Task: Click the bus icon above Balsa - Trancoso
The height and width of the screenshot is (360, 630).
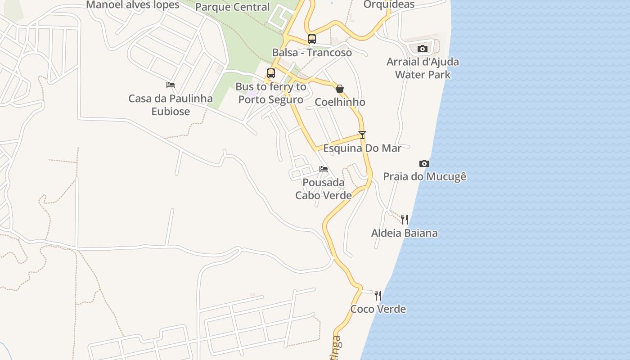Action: [312, 39]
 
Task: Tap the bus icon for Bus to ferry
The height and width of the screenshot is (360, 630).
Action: [270, 73]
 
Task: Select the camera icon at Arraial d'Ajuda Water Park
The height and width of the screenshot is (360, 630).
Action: [422, 49]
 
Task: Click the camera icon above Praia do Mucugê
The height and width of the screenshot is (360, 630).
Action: [424, 163]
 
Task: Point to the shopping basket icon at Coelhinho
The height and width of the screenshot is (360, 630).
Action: [340, 89]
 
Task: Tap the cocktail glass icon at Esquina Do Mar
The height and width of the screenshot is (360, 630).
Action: [362, 135]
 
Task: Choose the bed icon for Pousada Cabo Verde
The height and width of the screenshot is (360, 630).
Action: [323, 169]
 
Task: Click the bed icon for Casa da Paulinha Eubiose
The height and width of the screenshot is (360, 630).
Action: [171, 85]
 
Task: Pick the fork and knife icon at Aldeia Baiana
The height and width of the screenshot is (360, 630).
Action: [405, 220]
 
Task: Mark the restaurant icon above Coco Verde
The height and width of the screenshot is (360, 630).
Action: [378, 296]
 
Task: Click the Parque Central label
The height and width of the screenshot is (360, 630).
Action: [233, 7]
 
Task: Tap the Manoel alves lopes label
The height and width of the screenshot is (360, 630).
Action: [133, 5]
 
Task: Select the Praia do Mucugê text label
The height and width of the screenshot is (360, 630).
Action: [424, 176]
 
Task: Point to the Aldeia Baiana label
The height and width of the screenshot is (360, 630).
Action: [404, 233]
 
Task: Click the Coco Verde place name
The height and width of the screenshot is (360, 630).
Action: [378, 309]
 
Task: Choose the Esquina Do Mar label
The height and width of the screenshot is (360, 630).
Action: [362, 148]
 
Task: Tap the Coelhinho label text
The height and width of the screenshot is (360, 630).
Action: [340, 102]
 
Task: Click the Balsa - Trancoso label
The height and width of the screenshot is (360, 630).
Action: [312, 53]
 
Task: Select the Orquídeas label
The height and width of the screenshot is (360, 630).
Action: [389, 4]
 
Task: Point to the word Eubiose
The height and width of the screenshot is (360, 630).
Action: [171, 112]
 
